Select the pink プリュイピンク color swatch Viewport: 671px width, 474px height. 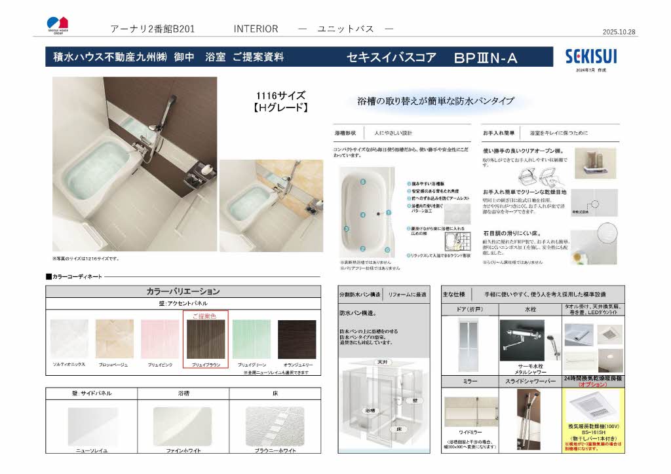pyautogui.click(x=160, y=338)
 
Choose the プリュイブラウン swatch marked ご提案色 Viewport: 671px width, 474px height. pyautogui.click(x=205, y=338)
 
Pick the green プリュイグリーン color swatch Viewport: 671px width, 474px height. pyautogui.click(x=251, y=338)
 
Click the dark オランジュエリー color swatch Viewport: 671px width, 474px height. pyautogui.click(x=296, y=338)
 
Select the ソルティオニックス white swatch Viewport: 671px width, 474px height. pyautogui.click(x=69, y=338)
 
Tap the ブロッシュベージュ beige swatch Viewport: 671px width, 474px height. pyautogui.click(x=114, y=338)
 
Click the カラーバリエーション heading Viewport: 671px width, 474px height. pyautogui.click(x=183, y=291)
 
